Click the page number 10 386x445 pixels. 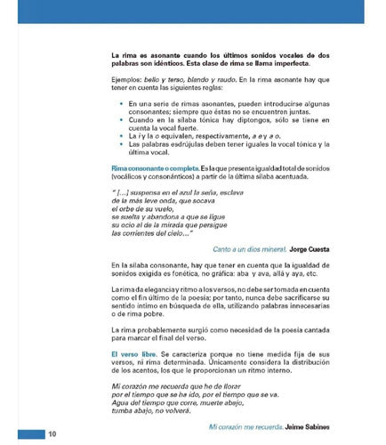tap(52, 433)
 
